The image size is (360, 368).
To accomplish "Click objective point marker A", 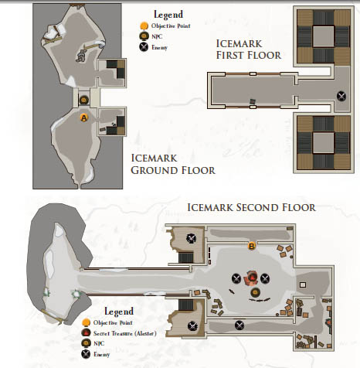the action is click(x=84, y=118).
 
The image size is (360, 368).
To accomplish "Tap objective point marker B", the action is click(x=252, y=246).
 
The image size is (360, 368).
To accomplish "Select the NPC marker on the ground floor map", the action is click(x=83, y=100).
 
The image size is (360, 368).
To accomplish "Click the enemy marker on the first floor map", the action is click(x=341, y=96).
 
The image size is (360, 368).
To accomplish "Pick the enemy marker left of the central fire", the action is click(x=236, y=278).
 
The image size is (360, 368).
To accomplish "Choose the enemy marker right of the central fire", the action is click(x=265, y=278).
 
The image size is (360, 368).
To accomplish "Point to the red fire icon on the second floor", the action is click(x=251, y=278).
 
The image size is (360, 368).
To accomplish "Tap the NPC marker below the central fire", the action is click(x=255, y=292).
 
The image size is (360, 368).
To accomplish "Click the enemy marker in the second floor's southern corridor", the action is click(x=239, y=325).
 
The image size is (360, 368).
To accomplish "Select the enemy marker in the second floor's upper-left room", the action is click(x=191, y=238).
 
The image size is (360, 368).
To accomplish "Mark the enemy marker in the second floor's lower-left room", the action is click(x=192, y=326).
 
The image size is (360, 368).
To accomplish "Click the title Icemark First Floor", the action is click(x=249, y=49).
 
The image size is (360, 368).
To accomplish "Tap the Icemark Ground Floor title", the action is click(x=173, y=165).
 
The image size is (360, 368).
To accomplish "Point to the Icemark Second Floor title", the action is click(x=251, y=207).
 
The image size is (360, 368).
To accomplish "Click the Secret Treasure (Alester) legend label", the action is click(x=125, y=333).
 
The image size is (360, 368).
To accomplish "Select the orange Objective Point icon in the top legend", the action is click(x=144, y=26).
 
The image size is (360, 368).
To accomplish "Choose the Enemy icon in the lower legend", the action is click(x=86, y=354).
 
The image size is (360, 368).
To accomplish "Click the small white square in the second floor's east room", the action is click(x=303, y=285).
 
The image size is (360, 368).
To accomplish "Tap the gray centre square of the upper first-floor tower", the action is click(x=324, y=36).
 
